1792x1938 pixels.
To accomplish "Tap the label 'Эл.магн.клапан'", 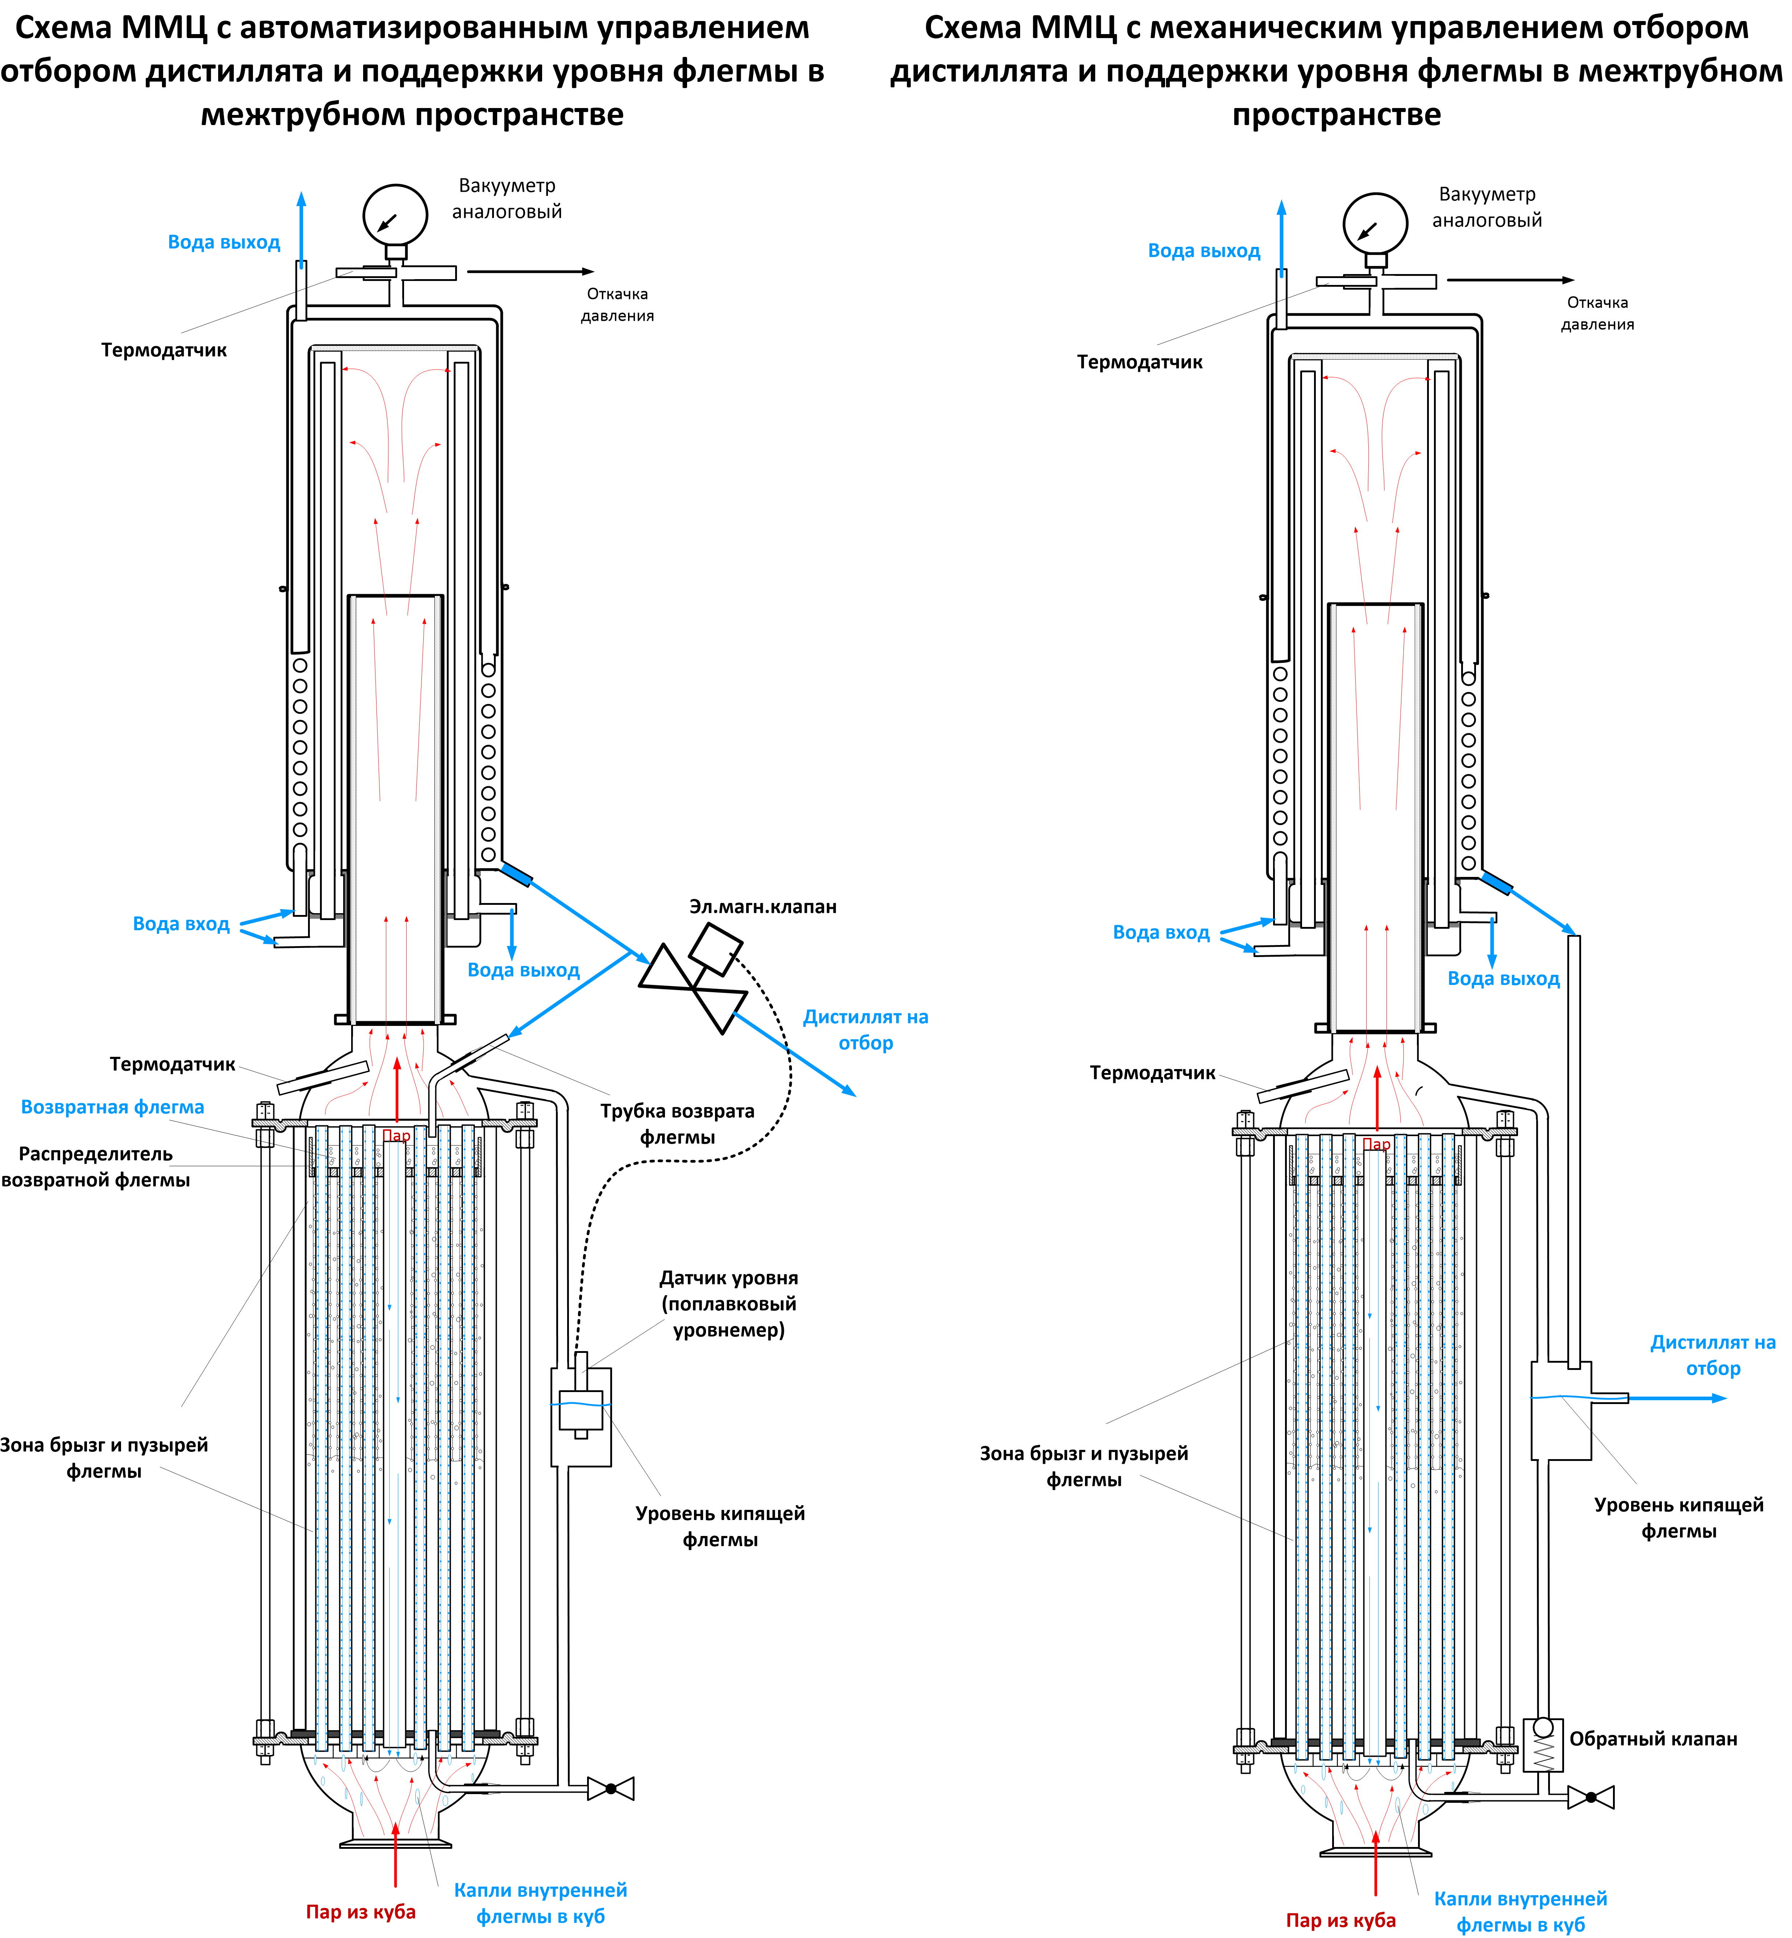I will coord(762,907).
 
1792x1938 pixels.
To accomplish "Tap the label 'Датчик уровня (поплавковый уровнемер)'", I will coord(728,1304).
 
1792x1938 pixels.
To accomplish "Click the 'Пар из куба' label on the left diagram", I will coord(361,1911).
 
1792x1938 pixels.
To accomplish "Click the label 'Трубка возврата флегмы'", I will coord(677,1123).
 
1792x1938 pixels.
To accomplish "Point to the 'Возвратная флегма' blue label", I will coord(112,1107).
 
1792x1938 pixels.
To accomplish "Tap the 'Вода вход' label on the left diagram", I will coord(181,923).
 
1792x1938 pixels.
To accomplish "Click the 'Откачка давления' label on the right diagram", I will coord(1597,313).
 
